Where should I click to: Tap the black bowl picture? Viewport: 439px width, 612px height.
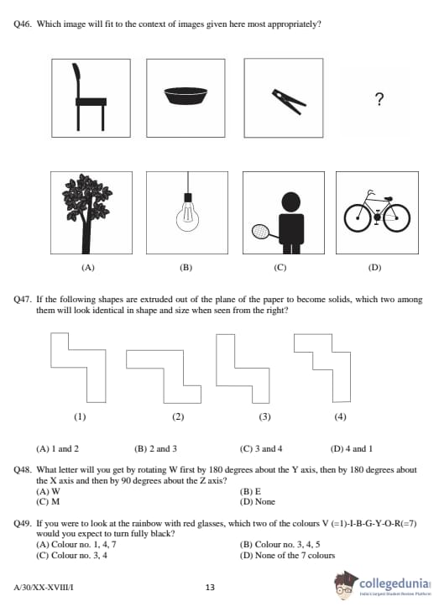pos(186,96)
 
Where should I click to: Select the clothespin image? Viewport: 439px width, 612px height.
pos(289,102)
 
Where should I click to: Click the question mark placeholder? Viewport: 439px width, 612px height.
pos(379,99)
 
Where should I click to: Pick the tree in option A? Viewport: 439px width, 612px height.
pos(86,213)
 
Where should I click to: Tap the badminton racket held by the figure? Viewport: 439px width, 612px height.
pos(260,232)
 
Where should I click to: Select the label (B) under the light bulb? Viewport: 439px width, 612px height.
pos(186,268)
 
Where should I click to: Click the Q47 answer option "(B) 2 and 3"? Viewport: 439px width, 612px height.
pos(155,449)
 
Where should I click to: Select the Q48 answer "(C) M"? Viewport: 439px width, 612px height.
pos(48,501)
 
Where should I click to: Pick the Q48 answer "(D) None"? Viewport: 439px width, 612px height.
pos(257,501)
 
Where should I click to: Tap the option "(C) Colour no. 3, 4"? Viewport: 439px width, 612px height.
pos(72,555)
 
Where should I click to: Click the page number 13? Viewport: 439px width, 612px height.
pos(210,587)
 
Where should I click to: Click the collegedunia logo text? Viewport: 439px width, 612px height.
pos(395,583)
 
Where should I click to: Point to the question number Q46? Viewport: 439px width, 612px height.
pos(23,24)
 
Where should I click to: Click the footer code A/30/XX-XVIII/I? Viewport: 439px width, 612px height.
pos(44,587)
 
